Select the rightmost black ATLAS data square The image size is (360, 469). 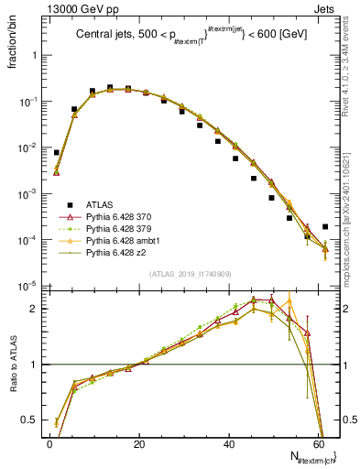click(x=325, y=226)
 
